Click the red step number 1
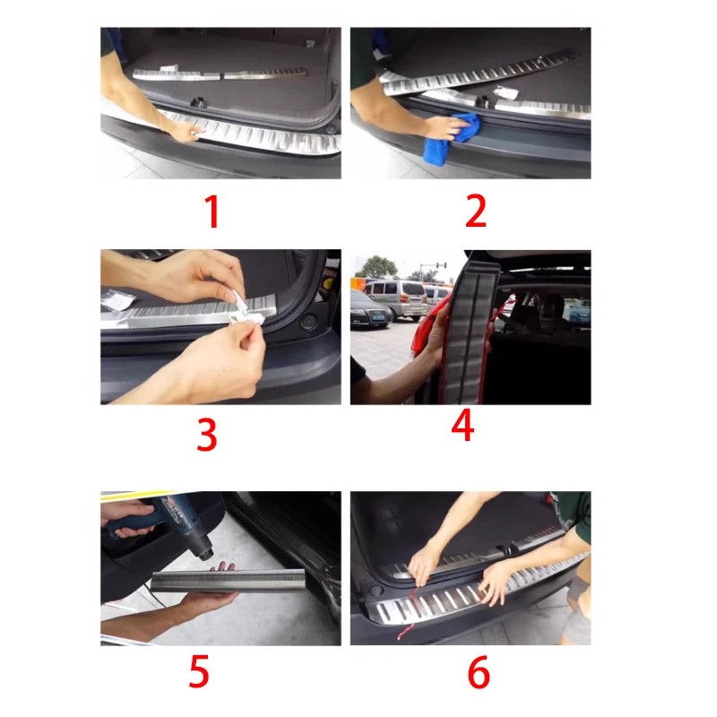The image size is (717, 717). tap(212, 212)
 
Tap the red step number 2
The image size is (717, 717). tap(476, 211)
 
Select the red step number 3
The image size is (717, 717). tap(207, 435)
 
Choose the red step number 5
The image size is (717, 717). tap(199, 670)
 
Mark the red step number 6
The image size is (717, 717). tap(479, 672)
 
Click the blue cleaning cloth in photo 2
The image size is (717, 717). tap(453, 136)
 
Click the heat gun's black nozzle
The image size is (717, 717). tap(204, 550)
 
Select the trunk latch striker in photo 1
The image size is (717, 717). tap(198, 102)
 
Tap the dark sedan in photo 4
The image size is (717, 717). tap(370, 309)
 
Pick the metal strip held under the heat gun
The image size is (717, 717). tap(228, 581)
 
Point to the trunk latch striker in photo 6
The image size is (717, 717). tap(507, 550)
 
